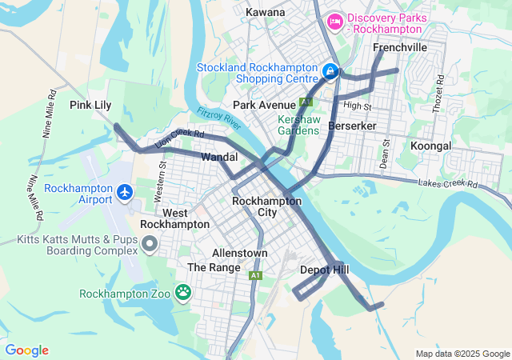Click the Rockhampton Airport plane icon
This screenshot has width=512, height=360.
[124, 192]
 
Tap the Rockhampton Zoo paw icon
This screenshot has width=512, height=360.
[183, 292]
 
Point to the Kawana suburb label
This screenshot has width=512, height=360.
[265, 13]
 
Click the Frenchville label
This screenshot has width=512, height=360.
[400, 48]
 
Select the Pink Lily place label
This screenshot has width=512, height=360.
[90, 105]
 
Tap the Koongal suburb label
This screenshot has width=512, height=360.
[430, 146]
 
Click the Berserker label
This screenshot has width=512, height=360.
[352, 126]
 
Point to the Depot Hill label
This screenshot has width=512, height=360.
[324, 270]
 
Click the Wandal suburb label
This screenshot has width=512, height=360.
[219, 157]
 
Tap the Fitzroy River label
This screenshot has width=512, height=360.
[219, 121]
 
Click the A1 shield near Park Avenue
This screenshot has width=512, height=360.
[305, 102]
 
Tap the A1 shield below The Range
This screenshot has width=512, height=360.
[255, 275]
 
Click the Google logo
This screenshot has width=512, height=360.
[26, 350]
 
